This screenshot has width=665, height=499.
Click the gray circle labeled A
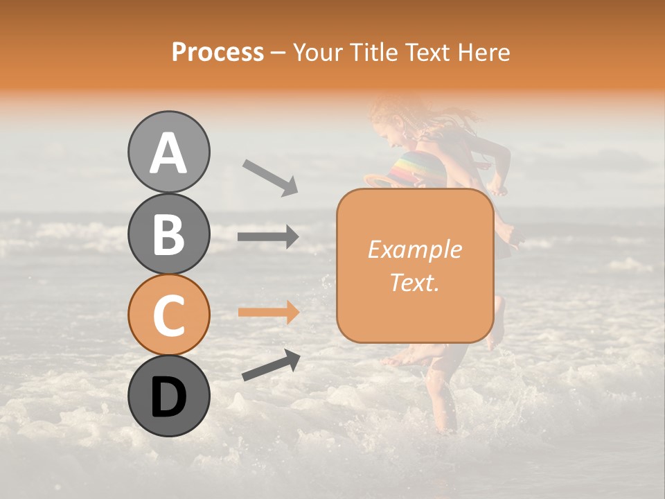[169, 152]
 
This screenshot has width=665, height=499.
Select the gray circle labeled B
[169, 234]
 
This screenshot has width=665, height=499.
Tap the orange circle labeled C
[169, 315]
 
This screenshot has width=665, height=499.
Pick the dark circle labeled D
[169, 396]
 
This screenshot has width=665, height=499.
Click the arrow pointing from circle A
[270, 176]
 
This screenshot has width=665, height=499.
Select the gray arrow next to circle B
[268, 237]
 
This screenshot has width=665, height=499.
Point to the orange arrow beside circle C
[268, 313]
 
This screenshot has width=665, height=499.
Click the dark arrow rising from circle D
[271, 365]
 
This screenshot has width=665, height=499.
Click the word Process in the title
[218, 52]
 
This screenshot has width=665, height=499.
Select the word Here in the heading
[485, 52]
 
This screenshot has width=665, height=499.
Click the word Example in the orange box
[414, 249]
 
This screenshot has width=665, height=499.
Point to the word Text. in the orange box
[414, 282]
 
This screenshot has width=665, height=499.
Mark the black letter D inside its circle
[169, 397]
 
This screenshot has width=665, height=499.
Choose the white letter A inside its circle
[169, 153]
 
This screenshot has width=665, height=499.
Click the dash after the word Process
[278, 53]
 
